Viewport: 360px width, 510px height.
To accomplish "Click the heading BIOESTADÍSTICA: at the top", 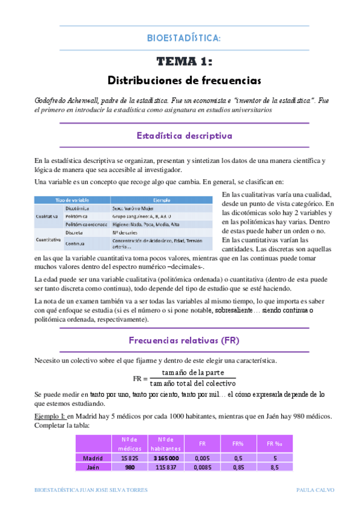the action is (x=184, y=38).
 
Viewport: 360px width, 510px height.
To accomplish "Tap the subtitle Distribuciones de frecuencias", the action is (x=184, y=79).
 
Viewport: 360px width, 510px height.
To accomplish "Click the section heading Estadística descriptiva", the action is (x=184, y=135).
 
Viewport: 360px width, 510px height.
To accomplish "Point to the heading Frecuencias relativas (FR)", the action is (x=184, y=340).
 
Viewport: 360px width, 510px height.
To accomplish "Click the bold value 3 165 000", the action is (x=166, y=458).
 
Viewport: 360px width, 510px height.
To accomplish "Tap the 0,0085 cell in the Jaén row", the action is (x=203, y=467).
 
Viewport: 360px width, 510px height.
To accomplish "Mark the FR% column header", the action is (x=237, y=444).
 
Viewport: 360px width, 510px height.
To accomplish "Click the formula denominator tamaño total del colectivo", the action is (x=193, y=382).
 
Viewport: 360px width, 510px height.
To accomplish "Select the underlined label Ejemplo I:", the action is (x=50, y=416).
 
